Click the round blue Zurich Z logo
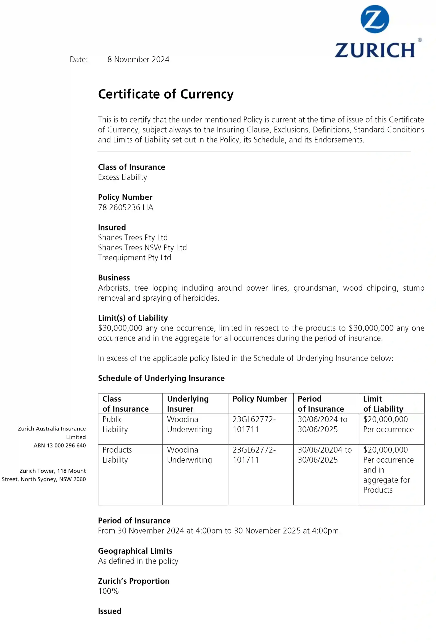click(x=375, y=19)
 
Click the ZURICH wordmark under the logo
click(x=375, y=50)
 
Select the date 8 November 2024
click(x=138, y=60)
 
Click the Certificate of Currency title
click(x=166, y=94)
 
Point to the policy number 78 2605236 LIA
click(x=126, y=208)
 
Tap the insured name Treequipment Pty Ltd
click(x=134, y=258)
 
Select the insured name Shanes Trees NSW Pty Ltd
click(x=142, y=248)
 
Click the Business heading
click(x=114, y=278)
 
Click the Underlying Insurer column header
click(x=188, y=404)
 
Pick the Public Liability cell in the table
click(x=115, y=424)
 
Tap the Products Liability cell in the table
click(x=117, y=455)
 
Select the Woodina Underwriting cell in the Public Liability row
click(x=189, y=424)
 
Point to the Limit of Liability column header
click(x=383, y=404)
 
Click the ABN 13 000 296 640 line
click(x=60, y=445)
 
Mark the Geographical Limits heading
click(x=135, y=551)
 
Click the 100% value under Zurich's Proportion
click(x=108, y=591)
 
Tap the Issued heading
click(x=110, y=611)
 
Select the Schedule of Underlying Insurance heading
click(x=161, y=378)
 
